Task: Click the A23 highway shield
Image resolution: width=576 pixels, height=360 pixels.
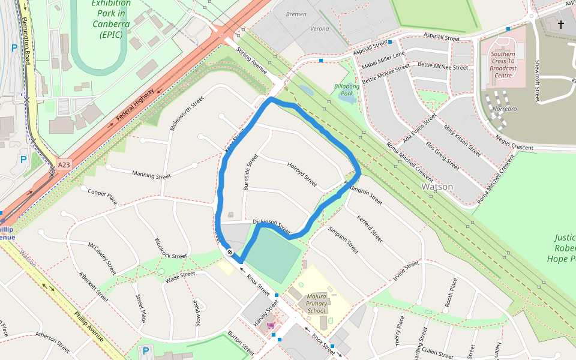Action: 64,164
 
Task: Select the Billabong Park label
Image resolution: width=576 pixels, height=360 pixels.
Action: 346,90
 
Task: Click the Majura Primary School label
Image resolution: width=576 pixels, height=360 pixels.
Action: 316,303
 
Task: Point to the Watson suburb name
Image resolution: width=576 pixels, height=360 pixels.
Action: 437,187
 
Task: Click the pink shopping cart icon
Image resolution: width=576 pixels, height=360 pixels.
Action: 271,325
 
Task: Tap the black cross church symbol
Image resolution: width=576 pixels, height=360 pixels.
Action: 561,25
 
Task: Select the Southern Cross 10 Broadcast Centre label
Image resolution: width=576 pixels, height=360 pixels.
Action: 502,65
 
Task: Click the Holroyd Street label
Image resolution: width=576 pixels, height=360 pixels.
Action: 302,173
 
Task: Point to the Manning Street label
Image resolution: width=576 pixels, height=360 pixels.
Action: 151,175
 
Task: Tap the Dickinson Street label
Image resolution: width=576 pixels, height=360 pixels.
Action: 271,226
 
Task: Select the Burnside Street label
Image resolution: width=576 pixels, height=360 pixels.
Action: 250,172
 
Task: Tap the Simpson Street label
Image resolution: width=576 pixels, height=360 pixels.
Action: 343,240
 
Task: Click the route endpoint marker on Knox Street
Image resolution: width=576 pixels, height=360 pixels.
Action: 230,251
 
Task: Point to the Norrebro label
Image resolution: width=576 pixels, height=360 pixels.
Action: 504,109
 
